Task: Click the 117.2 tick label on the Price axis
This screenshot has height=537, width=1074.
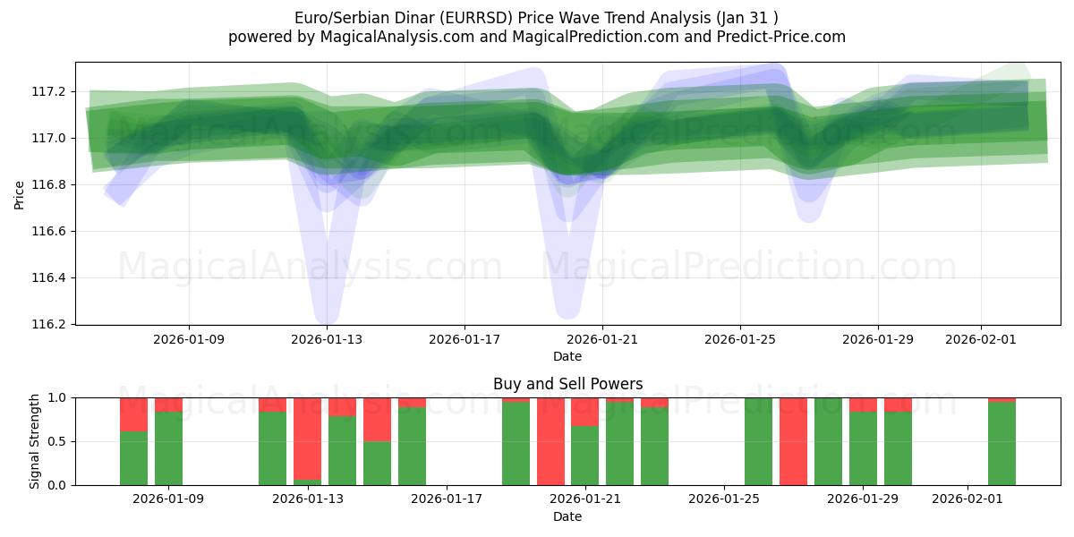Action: pos(48,91)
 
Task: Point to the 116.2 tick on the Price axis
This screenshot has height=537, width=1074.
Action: pos(48,324)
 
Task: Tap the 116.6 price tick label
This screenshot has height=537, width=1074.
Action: pos(48,231)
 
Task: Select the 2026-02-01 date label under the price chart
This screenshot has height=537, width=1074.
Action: pos(981,340)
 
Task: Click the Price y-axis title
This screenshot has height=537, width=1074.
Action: pos(20,193)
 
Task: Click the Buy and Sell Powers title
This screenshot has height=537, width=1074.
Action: pos(567,384)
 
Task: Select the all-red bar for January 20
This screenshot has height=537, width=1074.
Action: pos(550,441)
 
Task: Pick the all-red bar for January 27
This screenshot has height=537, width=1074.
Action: pos(793,441)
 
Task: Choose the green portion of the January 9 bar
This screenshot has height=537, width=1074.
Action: pos(168,447)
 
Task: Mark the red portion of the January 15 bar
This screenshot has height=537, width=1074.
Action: pos(377,419)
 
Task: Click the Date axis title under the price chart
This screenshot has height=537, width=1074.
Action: pos(567,356)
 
